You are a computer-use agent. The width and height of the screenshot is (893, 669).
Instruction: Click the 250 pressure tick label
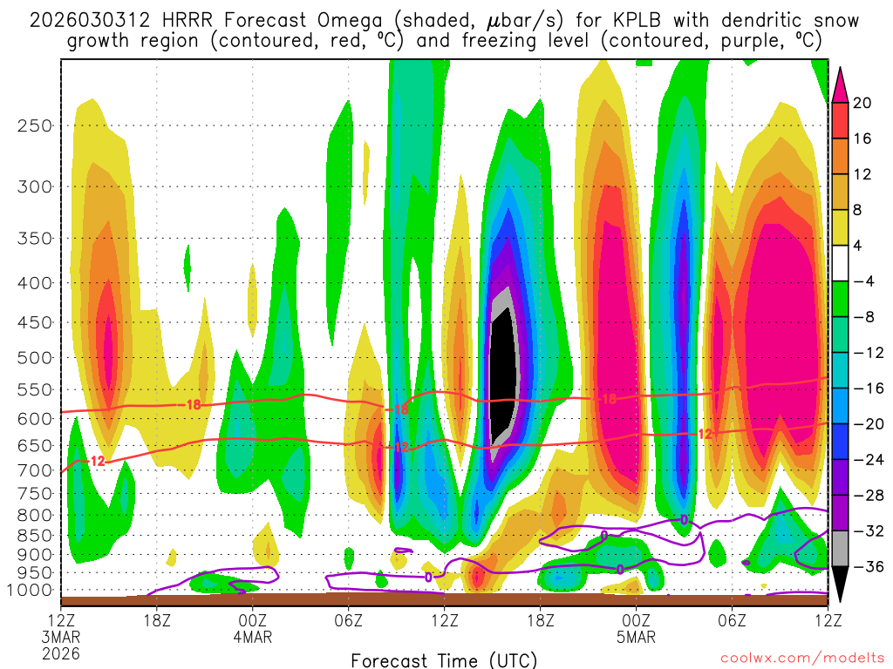34,125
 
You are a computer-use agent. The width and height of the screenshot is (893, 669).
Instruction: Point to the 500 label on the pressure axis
34,357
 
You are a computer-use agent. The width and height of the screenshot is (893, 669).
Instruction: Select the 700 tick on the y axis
34,470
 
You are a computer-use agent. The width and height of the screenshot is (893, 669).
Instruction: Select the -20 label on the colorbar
865,424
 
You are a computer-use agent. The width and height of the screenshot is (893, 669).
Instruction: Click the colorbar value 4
858,246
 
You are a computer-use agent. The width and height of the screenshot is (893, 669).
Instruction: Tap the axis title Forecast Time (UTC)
444,659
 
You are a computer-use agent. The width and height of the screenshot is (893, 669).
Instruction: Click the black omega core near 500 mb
501,375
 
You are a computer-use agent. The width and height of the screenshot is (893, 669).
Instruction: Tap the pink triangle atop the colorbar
840,84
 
